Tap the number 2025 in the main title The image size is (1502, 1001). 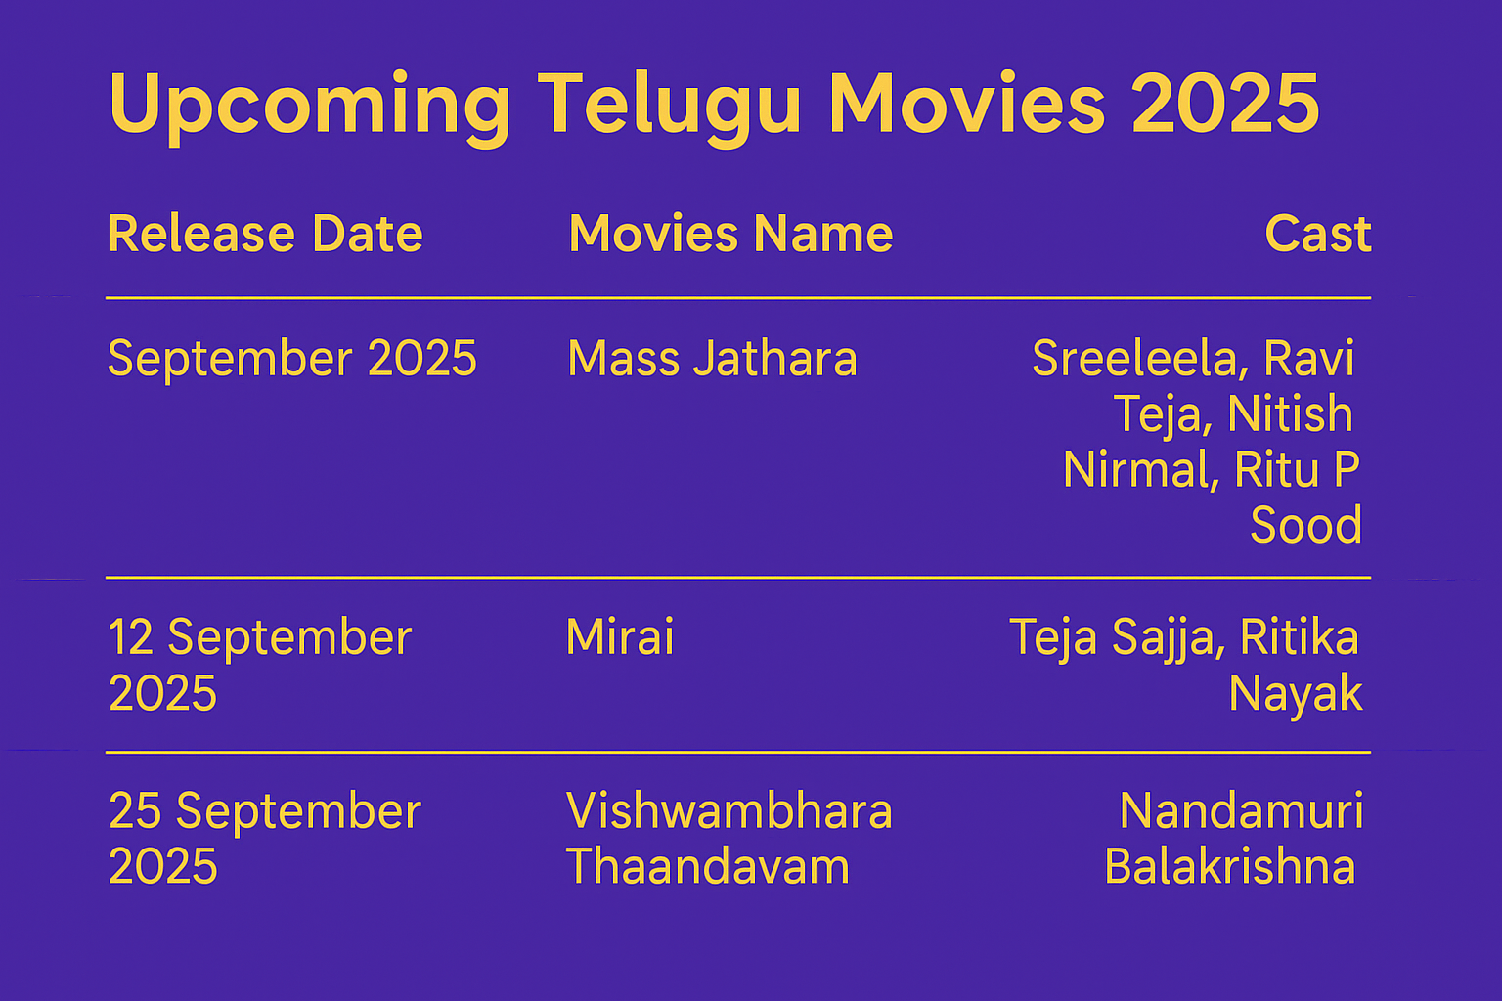pyautogui.click(x=1225, y=103)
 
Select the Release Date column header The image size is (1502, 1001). pyautogui.click(x=266, y=234)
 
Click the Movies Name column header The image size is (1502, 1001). pyautogui.click(x=730, y=234)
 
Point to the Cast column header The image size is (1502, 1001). pyautogui.click(x=1318, y=234)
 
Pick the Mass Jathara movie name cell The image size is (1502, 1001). pyautogui.click(x=712, y=359)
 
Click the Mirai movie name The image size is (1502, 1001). pyautogui.click(x=620, y=636)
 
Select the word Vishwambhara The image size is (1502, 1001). pyautogui.click(x=729, y=810)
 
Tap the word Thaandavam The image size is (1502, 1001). pyautogui.click(x=708, y=866)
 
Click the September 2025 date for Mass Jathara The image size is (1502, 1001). pyautogui.click(x=292, y=359)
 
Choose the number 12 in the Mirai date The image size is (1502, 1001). pyautogui.click(x=131, y=637)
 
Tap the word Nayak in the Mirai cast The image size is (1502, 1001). pyautogui.click(x=1296, y=695)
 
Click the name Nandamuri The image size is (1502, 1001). pyautogui.click(x=1242, y=810)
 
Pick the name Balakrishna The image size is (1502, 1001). pyautogui.click(x=1230, y=866)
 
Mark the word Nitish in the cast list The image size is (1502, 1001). pyautogui.click(x=1290, y=413)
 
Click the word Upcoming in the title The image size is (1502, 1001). pyautogui.click(x=310, y=108)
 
